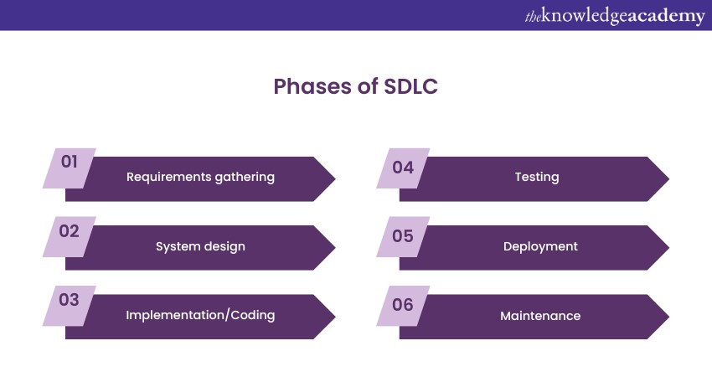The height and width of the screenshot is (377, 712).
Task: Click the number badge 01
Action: point(70,168)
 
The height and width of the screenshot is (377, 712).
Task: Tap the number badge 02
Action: point(70,236)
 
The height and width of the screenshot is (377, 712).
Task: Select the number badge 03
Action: point(70,306)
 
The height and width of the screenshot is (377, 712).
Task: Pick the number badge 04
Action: point(403,168)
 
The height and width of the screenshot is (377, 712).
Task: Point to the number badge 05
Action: point(403,236)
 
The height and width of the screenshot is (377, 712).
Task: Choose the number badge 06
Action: point(403,306)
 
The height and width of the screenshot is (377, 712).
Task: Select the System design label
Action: point(200,246)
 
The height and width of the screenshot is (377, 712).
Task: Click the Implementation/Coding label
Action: point(200,315)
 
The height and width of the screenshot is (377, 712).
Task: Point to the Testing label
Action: point(537,177)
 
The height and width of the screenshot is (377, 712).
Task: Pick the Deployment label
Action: point(540,246)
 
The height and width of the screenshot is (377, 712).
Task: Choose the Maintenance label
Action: point(540,316)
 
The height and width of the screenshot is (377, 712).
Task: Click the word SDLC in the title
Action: point(411,86)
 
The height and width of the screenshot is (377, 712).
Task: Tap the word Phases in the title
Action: point(312,86)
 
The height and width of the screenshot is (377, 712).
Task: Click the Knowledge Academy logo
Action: point(615,16)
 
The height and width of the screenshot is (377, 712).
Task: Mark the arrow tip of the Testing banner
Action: point(669,179)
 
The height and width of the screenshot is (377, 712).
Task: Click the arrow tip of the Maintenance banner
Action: point(669,317)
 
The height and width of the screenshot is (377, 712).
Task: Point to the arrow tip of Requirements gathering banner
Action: point(335,179)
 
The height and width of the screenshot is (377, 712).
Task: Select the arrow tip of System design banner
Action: point(335,248)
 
